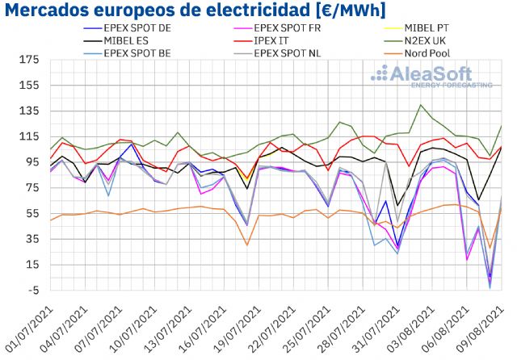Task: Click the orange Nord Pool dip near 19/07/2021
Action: (x=246, y=245)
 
